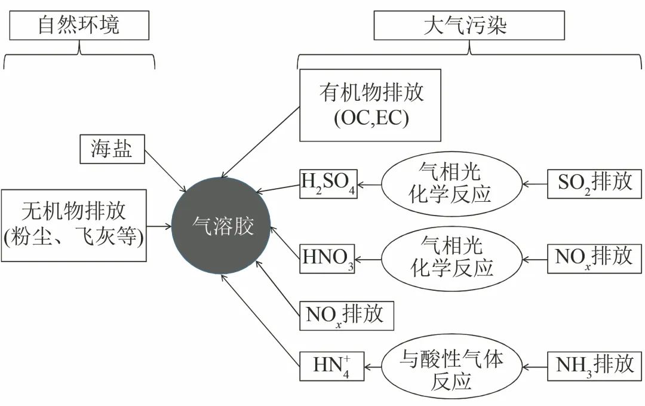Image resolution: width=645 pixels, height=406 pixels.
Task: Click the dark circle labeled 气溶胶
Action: [222, 226]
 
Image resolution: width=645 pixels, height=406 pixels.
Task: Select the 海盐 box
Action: [113, 149]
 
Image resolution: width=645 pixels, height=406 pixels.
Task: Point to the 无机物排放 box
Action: [74, 226]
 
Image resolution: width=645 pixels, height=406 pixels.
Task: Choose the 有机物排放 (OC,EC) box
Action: [370, 105]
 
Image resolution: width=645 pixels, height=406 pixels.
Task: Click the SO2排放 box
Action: [595, 183]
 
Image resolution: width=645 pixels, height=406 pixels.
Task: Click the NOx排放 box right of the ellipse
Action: [595, 259]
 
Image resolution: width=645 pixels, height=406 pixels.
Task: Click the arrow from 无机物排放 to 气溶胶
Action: [159, 226]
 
